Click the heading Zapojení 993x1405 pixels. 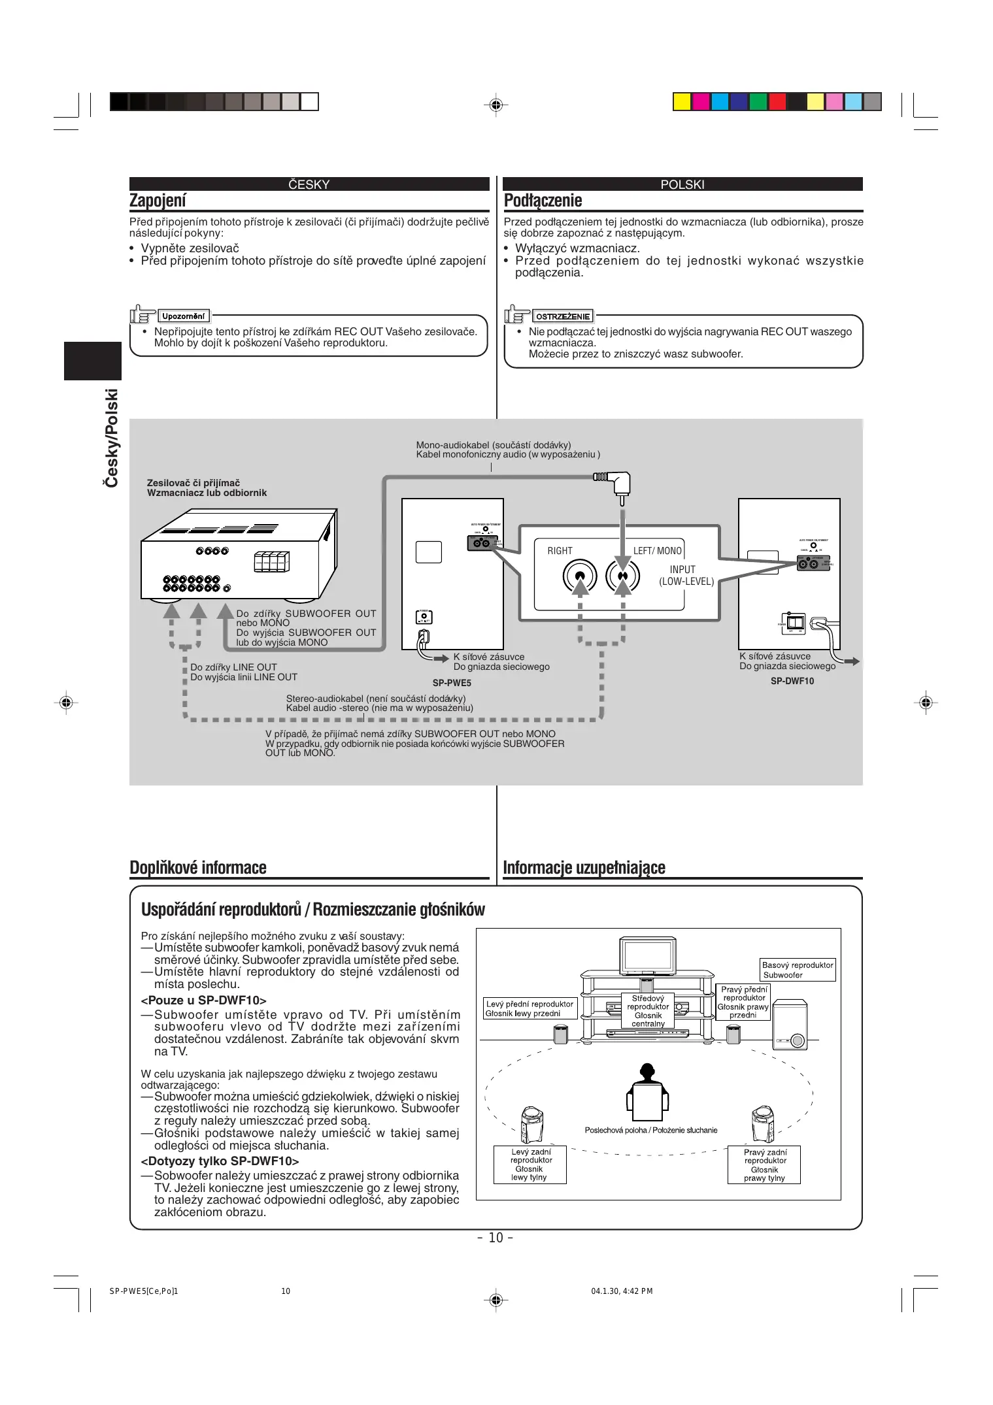coord(158,201)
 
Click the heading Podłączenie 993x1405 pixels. coord(543,201)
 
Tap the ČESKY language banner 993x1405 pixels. coord(309,184)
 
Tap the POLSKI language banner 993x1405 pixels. coord(682,184)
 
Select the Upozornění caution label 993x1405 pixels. coord(183,316)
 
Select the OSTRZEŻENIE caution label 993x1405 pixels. coord(563,316)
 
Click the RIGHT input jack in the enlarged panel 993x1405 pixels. coord(580,576)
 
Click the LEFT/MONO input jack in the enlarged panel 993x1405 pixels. coord(622,576)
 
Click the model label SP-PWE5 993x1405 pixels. coord(452,683)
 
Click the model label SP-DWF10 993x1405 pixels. coord(792,681)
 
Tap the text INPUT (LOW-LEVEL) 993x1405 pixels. coord(686,575)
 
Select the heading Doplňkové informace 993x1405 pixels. coord(198,868)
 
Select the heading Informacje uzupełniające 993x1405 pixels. coord(584,868)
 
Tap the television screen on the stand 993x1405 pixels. coord(648,956)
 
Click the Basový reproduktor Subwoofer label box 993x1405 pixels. coord(798,970)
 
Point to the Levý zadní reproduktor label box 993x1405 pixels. coord(530,1165)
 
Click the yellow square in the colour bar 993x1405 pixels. coord(682,102)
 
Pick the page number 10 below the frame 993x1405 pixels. coord(496,1238)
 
